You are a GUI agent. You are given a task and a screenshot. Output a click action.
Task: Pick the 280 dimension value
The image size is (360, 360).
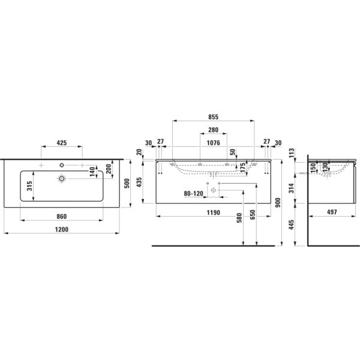[x=213, y=130]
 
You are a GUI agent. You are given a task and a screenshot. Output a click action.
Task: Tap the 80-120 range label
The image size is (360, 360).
[x=194, y=194]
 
